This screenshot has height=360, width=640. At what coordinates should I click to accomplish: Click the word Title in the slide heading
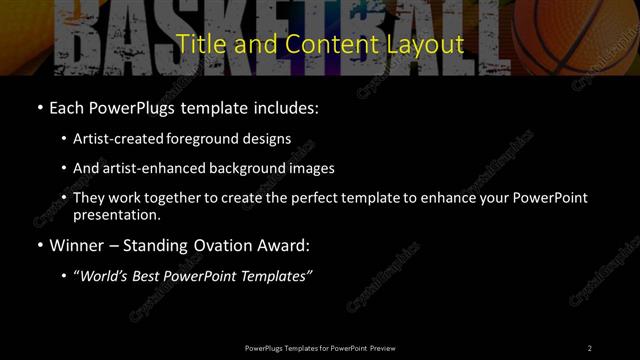196,45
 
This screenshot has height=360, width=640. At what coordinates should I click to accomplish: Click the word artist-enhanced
148,168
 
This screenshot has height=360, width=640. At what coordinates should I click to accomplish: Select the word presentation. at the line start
117,215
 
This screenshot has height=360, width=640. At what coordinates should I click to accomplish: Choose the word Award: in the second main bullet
282,245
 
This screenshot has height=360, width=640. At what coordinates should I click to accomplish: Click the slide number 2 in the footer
590,347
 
